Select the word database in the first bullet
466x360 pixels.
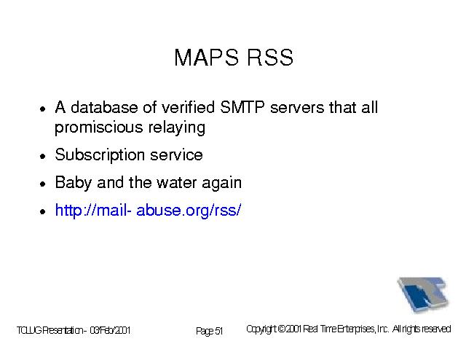click(x=104, y=107)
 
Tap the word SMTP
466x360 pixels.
click(x=242, y=107)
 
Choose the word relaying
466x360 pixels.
click(x=177, y=128)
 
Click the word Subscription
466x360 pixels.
click(x=100, y=155)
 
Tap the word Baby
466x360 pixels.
click(x=73, y=182)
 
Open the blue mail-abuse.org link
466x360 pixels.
click(x=148, y=210)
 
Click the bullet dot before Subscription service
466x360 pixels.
click(x=43, y=156)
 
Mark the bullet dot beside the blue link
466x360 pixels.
click(x=43, y=211)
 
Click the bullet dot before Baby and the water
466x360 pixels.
click(x=43, y=184)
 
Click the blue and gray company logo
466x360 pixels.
click(x=423, y=294)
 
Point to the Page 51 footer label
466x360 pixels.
click(x=209, y=331)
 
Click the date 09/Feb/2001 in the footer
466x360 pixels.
click(x=110, y=330)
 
